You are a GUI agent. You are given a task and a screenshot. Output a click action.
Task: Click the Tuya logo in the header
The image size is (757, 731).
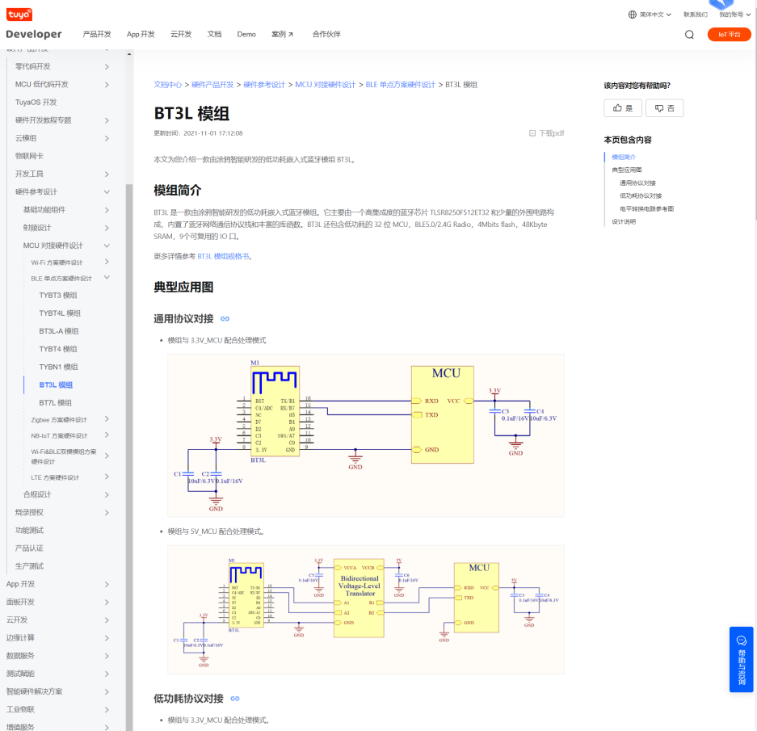click(x=19, y=15)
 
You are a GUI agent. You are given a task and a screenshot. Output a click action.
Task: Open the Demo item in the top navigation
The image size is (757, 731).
click(x=246, y=35)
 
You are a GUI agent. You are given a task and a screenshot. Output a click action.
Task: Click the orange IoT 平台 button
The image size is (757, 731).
click(x=729, y=35)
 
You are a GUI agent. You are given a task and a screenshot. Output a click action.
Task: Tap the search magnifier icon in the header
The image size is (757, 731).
click(x=689, y=35)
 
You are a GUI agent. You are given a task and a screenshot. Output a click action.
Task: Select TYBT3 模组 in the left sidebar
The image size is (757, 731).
click(x=58, y=296)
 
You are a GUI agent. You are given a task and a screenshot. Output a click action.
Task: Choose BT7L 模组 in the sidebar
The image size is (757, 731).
click(x=55, y=402)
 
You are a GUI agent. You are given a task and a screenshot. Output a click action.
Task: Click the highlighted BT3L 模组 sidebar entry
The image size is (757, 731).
click(x=56, y=385)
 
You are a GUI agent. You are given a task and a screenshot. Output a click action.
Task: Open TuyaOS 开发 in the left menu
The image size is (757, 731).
click(x=36, y=103)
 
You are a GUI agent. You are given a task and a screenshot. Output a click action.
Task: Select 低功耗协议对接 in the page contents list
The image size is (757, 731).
click(x=640, y=195)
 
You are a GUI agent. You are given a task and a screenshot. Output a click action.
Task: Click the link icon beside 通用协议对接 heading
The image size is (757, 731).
click(x=225, y=319)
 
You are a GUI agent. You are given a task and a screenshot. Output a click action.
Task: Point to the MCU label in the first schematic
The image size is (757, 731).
click(x=445, y=373)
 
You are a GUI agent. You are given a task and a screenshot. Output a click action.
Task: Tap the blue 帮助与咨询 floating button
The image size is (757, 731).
click(x=741, y=658)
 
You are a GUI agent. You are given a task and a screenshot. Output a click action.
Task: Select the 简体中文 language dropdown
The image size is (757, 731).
click(x=650, y=15)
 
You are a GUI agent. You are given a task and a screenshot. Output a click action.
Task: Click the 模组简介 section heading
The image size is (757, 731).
click(x=178, y=191)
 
